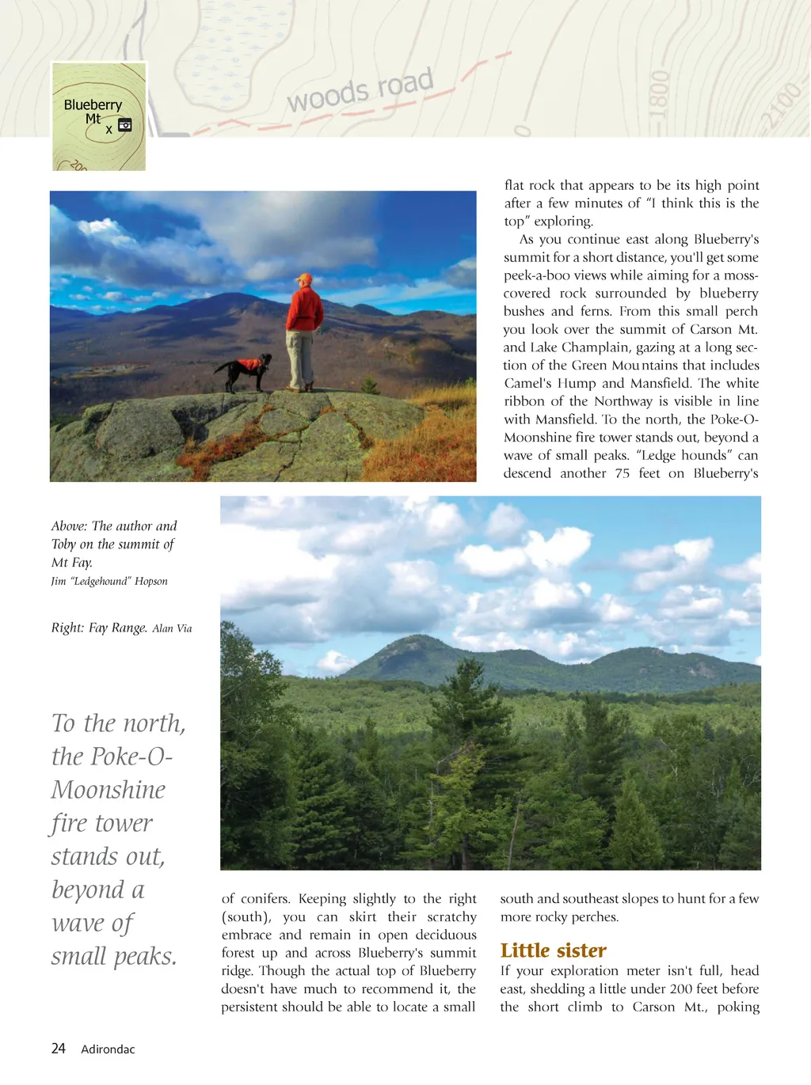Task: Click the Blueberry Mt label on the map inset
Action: [93, 111]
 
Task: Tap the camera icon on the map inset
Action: [125, 125]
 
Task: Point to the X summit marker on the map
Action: [109, 130]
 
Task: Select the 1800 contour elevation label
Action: [660, 93]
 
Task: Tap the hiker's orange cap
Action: [304, 279]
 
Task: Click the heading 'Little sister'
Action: [553, 950]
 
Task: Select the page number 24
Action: [59, 1049]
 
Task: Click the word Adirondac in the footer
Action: [108, 1049]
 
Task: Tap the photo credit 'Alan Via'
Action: [172, 628]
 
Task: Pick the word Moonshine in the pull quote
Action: [109, 790]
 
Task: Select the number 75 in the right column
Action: [623, 473]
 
